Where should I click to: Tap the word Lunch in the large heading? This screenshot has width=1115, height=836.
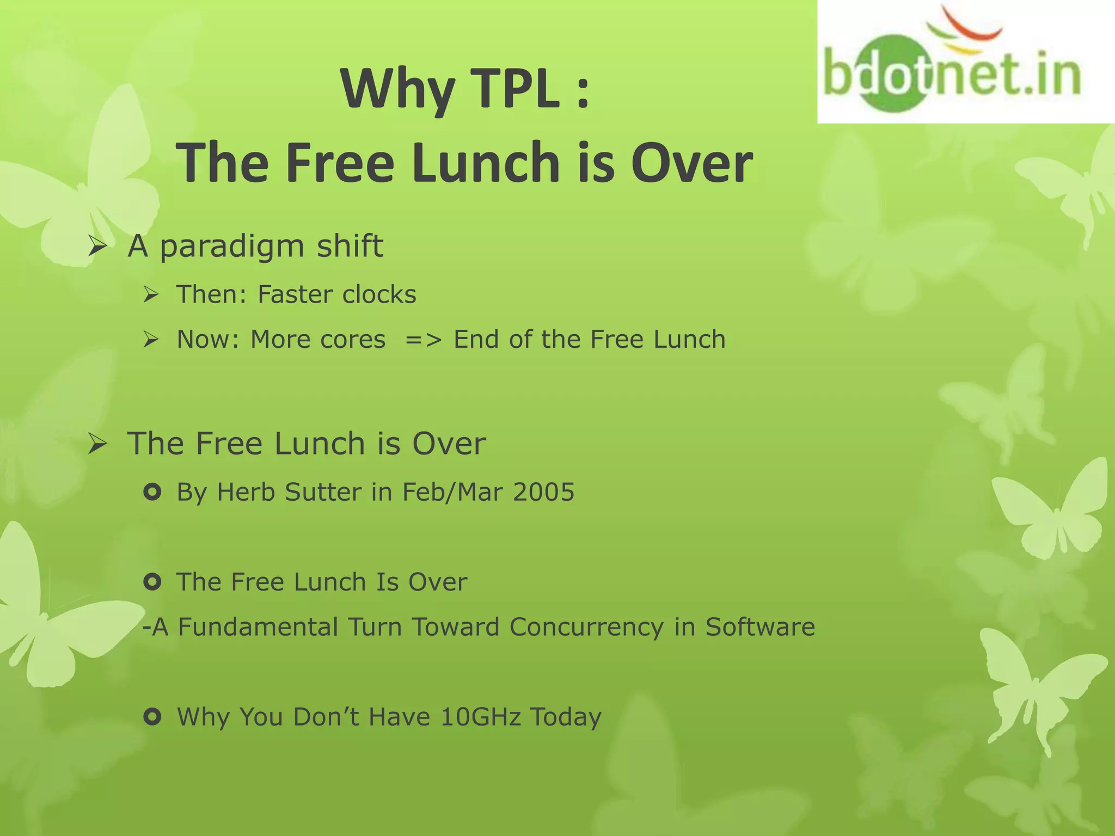coord(486,162)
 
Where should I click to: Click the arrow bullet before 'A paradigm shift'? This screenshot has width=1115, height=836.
coord(97,248)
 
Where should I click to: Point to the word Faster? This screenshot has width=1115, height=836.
coord(295,294)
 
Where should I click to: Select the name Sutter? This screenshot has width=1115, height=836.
coord(323,492)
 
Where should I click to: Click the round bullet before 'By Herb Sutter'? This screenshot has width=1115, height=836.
coord(152,493)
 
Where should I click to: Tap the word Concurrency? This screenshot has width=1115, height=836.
coord(586,627)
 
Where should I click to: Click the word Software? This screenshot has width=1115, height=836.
coord(760,627)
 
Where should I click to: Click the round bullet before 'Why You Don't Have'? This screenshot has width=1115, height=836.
coord(152,717)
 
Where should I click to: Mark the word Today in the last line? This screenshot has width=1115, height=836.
coord(566,717)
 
